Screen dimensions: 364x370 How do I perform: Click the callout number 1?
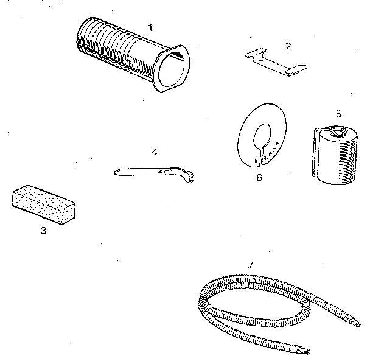(x=150, y=28)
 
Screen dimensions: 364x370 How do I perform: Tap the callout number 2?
(x=288, y=45)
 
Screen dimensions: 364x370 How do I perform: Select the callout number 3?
(x=43, y=230)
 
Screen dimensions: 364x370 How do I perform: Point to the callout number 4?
(x=155, y=151)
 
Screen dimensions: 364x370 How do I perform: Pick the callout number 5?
(x=338, y=113)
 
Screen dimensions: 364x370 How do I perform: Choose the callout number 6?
(x=259, y=178)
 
